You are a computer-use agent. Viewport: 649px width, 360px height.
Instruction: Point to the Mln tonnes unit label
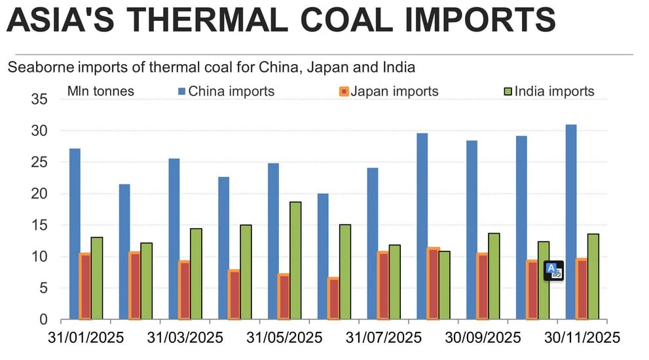(101, 91)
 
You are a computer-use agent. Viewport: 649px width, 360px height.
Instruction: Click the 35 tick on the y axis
(40, 99)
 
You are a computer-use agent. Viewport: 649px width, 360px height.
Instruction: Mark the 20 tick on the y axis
(40, 194)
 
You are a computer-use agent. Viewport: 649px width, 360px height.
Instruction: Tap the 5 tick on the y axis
(44, 288)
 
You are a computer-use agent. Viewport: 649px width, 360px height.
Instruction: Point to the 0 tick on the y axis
(44, 319)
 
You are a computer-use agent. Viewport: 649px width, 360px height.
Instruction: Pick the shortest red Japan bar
(333, 298)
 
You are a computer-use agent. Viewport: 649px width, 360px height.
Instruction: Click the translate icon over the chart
(553, 270)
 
